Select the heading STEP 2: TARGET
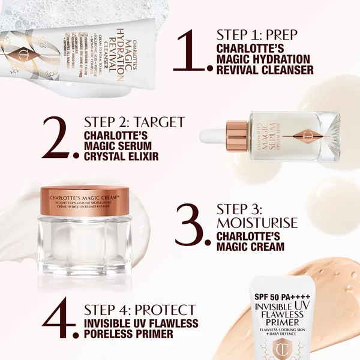(134, 122)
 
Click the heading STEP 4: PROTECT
(140, 310)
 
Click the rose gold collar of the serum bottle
(238, 136)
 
